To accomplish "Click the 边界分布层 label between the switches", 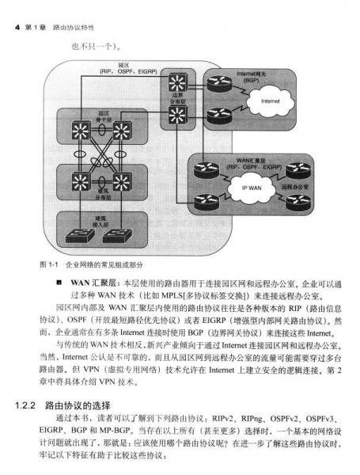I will (x=176, y=99).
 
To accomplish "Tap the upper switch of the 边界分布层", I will (x=176, y=82).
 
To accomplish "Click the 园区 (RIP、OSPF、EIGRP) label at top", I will (x=124, y=67).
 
